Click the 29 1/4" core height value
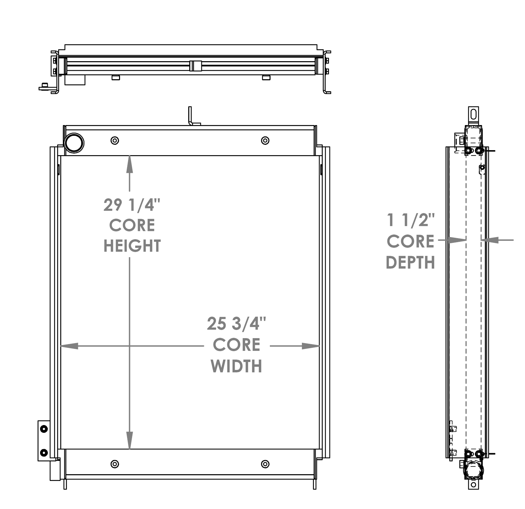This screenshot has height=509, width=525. coord(132,205)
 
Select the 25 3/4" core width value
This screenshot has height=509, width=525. coord(236,324)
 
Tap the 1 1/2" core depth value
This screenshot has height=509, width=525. coord(410,221)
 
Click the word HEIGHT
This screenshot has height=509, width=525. coord(132,246)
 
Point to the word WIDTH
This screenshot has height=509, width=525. coord(236,366)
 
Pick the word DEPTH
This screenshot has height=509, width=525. coord(410,263)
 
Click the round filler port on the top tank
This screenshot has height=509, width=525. coord(74,143)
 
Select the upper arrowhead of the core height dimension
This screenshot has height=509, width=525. coord(129,164)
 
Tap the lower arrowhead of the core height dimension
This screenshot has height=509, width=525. coord(129,441)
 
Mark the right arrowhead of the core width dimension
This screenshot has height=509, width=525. coord(311,346)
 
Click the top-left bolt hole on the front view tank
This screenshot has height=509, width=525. coord(115,140)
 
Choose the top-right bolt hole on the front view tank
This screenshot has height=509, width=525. coord(265,140)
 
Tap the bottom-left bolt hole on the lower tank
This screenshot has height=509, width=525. coord(115,464)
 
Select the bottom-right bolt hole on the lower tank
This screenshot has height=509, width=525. coord(265,464)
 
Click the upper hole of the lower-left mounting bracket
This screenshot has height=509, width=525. coord(44,429)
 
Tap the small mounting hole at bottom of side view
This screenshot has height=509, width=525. coord(473,485)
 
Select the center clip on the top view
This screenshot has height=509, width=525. coord(196,66)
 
